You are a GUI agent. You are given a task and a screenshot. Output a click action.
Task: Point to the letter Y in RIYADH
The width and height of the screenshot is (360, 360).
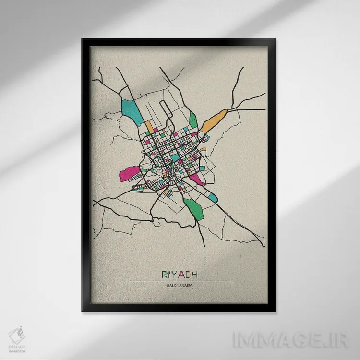pos(173,275)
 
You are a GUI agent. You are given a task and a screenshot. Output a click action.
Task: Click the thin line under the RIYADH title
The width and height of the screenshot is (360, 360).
pos(180,281)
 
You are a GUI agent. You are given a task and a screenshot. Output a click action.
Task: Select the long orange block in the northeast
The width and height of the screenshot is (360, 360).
pos(213,120)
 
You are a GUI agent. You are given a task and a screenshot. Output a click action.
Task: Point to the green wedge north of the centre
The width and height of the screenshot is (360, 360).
pos(193,119)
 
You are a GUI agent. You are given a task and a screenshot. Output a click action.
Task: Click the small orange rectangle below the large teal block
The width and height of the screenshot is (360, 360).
pos(150,128)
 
